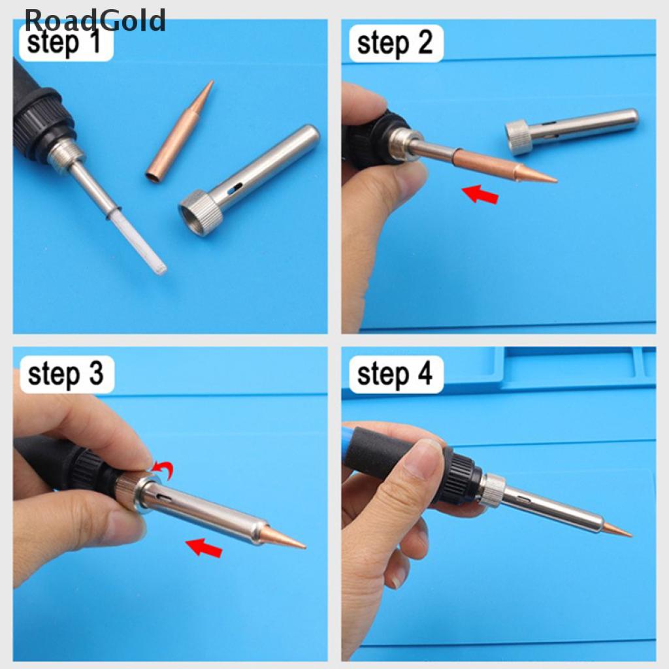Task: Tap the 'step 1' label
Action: coord(64,42)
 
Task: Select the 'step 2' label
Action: coord(395,44)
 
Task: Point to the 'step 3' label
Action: coord(66,374)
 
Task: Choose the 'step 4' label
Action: coord(395,374)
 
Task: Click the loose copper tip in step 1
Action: coord(180,130)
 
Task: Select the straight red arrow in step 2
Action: coord(480,194)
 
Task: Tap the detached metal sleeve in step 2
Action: coord(572,131)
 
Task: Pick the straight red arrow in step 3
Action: coord(204,547)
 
